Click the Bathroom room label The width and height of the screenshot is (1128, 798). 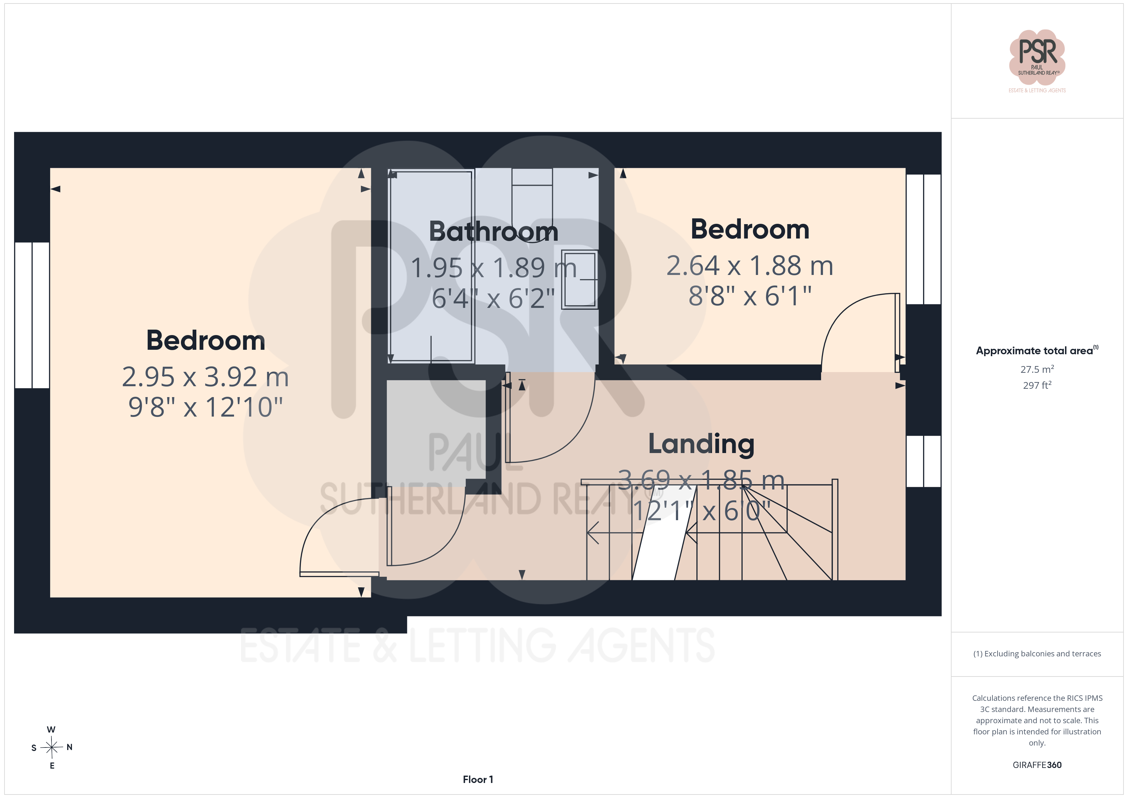[494, 231]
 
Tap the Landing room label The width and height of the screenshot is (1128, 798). [701, 444]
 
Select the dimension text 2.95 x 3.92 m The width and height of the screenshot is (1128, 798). [205, 377]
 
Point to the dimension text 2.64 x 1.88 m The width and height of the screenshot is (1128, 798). [750, 266]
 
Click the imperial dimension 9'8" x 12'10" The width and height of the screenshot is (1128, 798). [205, 407]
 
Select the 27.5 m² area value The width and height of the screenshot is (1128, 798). [1037, 369]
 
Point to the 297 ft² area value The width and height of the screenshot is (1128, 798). [1037, 385]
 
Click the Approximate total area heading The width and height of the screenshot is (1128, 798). [1037, 350]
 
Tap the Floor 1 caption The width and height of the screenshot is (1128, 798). [478, 779]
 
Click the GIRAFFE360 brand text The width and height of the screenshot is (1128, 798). [1037, 764]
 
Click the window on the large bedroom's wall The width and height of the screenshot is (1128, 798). [32, 315]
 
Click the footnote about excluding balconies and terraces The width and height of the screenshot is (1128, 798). [1037, 653]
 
